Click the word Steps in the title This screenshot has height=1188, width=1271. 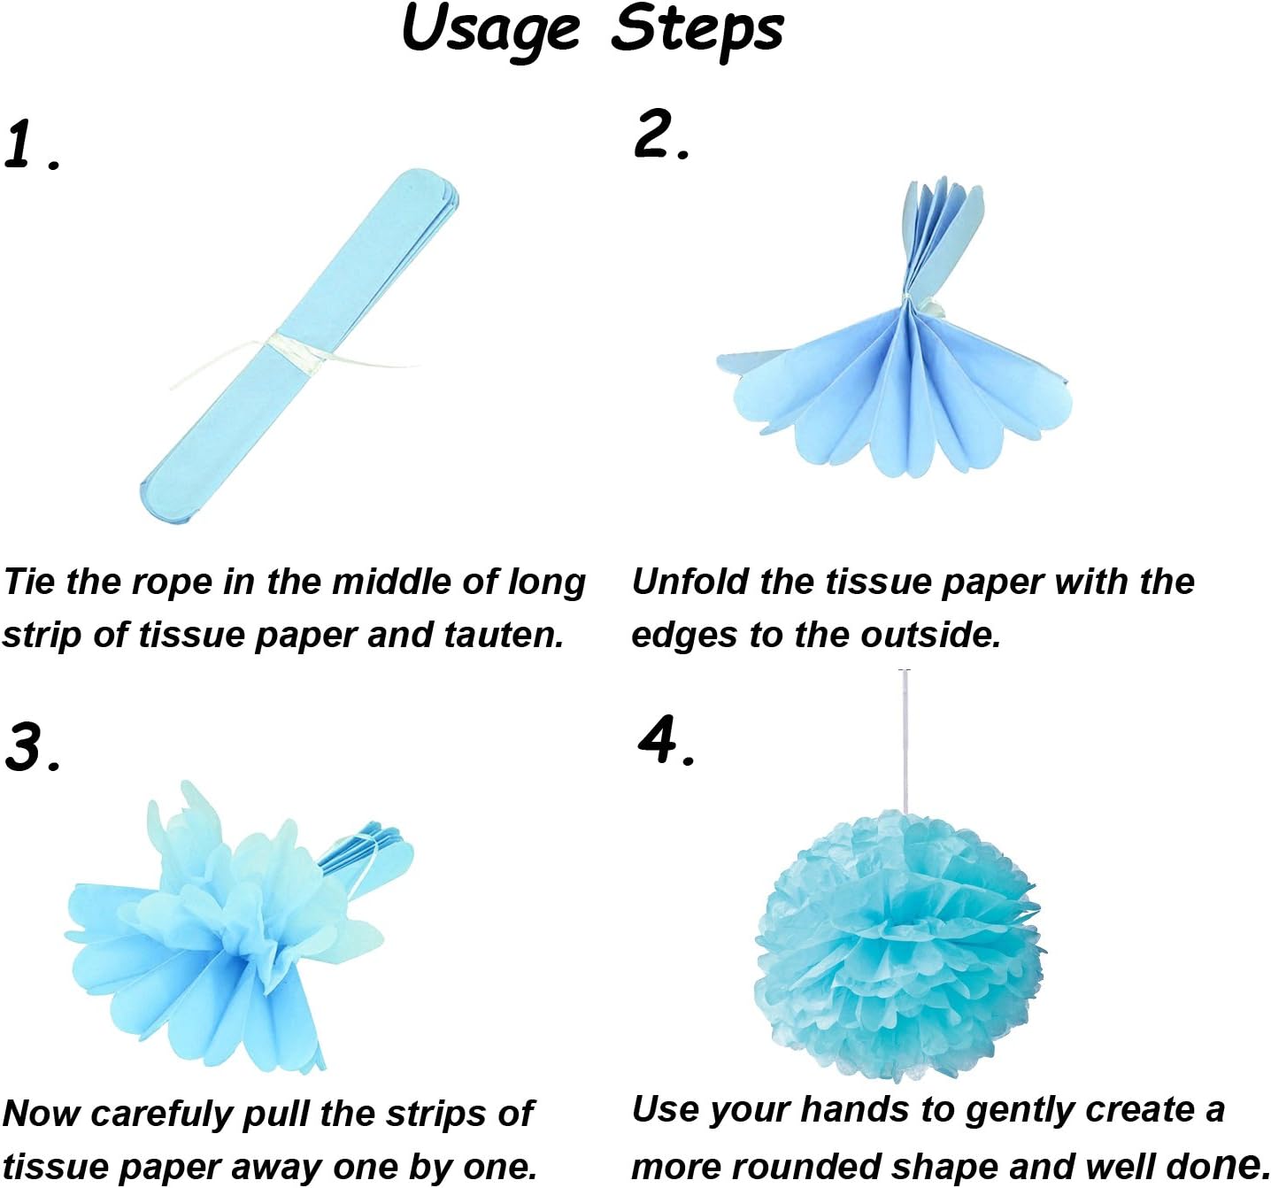[x=697, y=29]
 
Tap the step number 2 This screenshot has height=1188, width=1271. [x=655, y=135]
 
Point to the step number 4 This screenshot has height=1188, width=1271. [x=659, y=739]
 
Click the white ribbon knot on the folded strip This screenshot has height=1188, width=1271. [x=288, y=348]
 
